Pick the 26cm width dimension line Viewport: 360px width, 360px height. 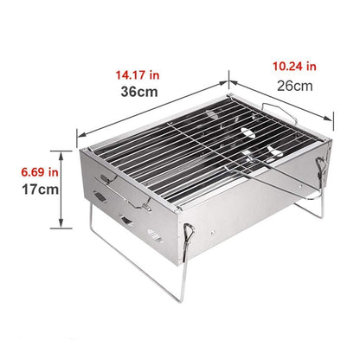[x=281, y=99]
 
